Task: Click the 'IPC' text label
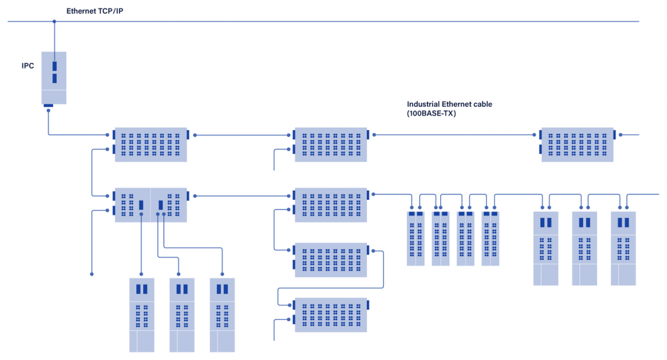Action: [28, 66]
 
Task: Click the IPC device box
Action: [54, 78]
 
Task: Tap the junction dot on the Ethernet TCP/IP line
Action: [54, 22]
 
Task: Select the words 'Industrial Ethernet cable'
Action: [450, 104]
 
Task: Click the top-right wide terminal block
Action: [578, 145]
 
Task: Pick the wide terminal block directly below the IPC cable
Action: [151, 145]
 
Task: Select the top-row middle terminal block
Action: [331, 145]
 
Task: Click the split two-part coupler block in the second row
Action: [151, 205]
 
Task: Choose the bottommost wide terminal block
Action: [331, 315]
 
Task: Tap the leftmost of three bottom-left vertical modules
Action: [142, 315]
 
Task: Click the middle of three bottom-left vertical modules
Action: [182, 315]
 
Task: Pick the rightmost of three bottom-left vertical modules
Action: [222, 315]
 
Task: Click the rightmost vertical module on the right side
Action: [623, 248]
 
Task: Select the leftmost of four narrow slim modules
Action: [416, 238]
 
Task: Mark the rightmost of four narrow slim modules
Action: [490, 238]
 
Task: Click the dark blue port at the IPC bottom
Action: [48, 105]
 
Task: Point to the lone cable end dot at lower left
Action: [92, 274]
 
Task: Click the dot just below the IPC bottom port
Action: [48, 111]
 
